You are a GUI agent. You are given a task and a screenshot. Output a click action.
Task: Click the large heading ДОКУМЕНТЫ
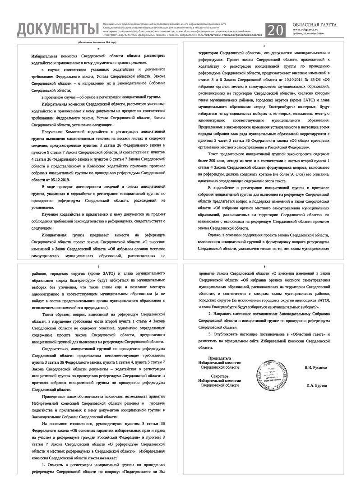[x=57, y=29]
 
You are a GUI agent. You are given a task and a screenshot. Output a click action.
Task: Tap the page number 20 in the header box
[x=276, y=30]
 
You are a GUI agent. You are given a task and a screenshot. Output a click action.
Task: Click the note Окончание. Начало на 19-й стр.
[x=97, y=42]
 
